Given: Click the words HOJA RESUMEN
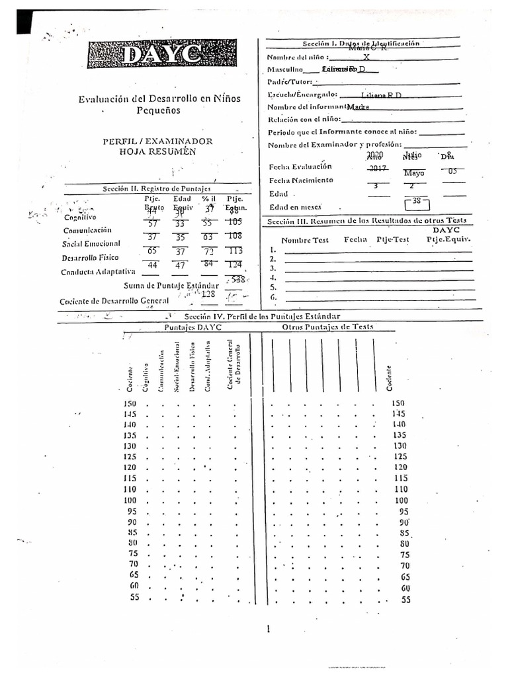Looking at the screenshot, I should coord(158,151).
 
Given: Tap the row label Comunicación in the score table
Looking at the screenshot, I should coord(87,230).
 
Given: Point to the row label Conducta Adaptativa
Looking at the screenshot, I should coord(98,272).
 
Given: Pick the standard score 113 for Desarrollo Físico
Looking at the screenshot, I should coord(235,251).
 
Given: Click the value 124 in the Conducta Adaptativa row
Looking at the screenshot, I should coord(235,265).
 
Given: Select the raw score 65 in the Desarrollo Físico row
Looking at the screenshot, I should coord(152,251).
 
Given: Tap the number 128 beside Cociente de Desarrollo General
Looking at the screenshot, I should coord(209,294).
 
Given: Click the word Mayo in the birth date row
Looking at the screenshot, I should coord(414,173).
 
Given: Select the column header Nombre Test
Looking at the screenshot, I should coord(305,240).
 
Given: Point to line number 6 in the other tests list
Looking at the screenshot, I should coord(273,298).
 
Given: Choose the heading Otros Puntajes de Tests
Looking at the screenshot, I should coord(327,327).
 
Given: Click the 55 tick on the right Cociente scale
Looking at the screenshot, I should coord(405,600).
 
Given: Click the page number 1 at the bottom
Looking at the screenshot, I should coord(269,629).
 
